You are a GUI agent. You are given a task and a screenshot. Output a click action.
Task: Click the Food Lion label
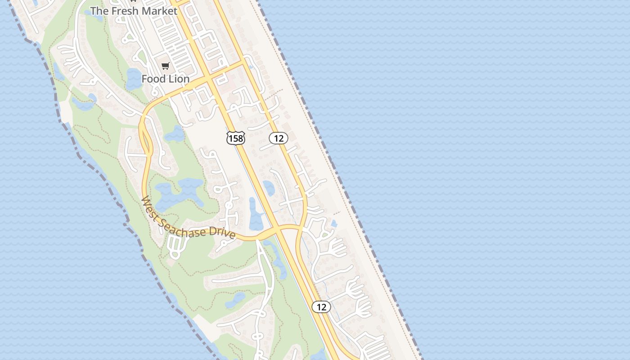pos(165,79)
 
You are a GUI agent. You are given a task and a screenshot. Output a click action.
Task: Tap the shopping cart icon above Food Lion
pos(165,67)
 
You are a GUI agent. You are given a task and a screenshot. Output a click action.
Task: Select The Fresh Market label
pos(134,11)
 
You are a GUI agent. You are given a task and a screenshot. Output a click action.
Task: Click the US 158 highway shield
pos(235,138)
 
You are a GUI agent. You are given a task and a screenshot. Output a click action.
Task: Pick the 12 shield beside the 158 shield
pos(279,138)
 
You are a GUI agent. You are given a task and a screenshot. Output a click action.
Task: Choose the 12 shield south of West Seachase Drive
pos(321,307)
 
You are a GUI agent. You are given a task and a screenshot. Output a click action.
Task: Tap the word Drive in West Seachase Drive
pos(225,234)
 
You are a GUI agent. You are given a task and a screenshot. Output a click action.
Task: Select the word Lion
pos(179,79)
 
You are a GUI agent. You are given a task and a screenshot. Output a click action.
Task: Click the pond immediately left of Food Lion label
pos(134,78)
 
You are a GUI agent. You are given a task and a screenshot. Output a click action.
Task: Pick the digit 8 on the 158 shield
pos(241,139)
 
